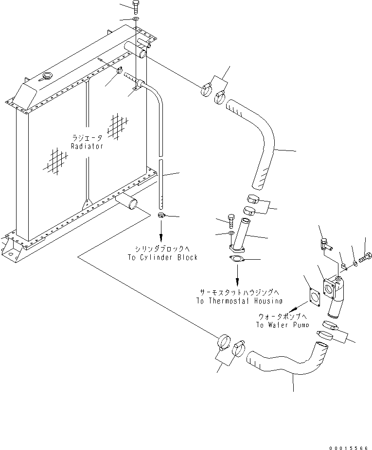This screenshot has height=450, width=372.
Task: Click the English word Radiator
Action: pyautogui.click(x=87, y=146)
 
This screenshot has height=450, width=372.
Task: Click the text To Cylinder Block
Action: pyautogui.click(x=162, y=257)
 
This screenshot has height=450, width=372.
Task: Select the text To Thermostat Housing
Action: pyautogui.click(x=240, y=300)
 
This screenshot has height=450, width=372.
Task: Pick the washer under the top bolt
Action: pyautogui.click(x=135, y=19)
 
